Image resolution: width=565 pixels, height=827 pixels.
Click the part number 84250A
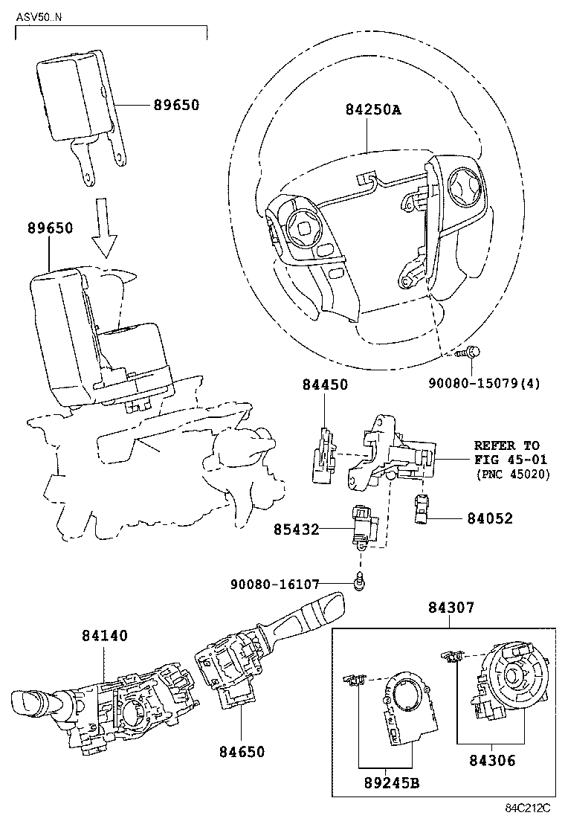click(x=372, y=110)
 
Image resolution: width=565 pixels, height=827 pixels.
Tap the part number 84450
click(x=325, y=384)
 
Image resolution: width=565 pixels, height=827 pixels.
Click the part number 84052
click(x=490, y=518)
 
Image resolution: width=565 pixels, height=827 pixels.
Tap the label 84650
click(x=242, y=752)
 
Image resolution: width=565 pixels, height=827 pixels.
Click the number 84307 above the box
click(x=450, y=608)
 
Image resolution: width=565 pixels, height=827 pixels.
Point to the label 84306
click(x=492, y=761)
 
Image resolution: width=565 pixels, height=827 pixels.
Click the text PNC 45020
click(x=512, y=474)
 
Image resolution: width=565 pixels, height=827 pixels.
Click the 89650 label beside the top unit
click(x=176, y=106)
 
